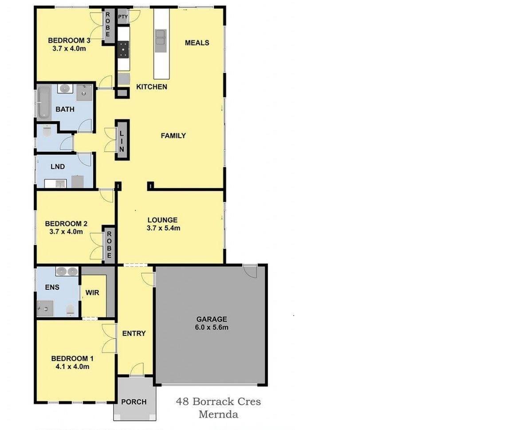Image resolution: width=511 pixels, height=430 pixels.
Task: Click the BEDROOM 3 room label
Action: (x=69, y=40)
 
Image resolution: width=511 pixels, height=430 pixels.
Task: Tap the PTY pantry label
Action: (x=123, y=16)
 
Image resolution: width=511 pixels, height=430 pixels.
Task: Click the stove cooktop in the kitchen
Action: (x=123, y=49)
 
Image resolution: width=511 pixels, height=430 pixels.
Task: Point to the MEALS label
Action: (x=197, y=43)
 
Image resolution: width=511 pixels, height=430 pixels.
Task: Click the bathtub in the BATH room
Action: (x=43, y=102)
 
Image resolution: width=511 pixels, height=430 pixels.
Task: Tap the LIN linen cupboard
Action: (x=122, y=139)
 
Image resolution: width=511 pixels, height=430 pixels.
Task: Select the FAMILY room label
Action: (x=173, y=136)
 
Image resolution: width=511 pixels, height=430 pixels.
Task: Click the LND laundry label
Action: (x=58, y=166)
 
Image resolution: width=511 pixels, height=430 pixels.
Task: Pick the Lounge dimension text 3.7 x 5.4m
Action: (x=164, y=228)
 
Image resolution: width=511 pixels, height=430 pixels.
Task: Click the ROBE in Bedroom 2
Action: (x=109, y=245)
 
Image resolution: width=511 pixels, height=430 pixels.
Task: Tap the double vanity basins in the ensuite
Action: (x=67, y=271)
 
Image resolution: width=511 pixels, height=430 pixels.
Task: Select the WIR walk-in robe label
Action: (x=92, y=293)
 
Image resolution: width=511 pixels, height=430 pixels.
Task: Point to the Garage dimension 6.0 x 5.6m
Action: (x=212, y=327)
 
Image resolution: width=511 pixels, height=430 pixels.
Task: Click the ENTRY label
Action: (x=134, y=334)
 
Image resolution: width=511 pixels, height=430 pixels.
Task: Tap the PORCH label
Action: (x=134, y=402)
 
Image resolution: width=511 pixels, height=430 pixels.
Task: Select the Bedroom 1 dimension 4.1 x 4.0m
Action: (x=72, y=367)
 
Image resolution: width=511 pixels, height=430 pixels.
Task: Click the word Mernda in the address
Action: (x=218, y=414)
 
